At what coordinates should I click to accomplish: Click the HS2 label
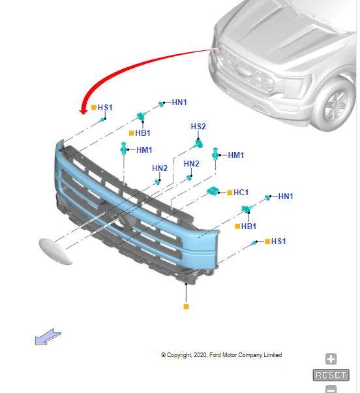coord(198,126)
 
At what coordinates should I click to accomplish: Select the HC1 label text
coord(241,193)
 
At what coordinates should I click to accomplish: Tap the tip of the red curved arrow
coord(83,112)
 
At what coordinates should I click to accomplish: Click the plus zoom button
coord(331,359)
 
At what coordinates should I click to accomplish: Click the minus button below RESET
coord(331,389)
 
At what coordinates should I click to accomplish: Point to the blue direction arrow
coord(48,337)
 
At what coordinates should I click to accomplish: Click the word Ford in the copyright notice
coord(220,355)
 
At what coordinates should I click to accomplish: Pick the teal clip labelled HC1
coord(213,191)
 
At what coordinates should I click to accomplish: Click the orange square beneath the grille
coord(186,306)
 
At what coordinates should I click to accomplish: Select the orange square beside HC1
coord(229,193)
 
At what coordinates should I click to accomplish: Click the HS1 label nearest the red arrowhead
coord(105,107)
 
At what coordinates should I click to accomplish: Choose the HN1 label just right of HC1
coord(286,196)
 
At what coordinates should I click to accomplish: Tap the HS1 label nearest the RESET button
coord(278,242)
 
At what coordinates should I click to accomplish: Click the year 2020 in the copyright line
coord(201,355)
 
